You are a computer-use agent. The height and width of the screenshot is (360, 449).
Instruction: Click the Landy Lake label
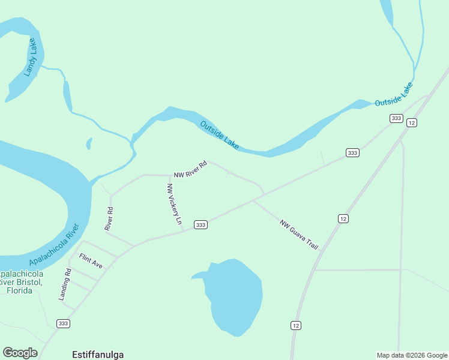point(31,58)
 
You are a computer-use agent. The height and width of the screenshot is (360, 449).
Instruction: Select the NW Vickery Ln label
point(173,204)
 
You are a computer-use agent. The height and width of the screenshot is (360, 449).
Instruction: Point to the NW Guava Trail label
point(298,235)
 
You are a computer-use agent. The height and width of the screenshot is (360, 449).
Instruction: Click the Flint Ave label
point(91,262)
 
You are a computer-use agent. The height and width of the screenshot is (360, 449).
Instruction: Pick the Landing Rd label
point(65,284)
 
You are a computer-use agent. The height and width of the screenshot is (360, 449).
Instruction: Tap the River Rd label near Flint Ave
point(109,218)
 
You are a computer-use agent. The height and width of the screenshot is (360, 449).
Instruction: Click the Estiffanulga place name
point(97,354)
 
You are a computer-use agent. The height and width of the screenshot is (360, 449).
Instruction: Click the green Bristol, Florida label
point(22,286)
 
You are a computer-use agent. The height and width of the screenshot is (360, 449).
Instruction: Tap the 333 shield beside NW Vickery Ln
point(200,225)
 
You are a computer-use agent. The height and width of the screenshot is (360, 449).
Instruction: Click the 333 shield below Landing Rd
point(63,323)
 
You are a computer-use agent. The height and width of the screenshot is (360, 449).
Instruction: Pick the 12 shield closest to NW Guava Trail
point(343,218)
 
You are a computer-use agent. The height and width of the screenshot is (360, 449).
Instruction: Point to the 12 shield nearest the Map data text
point(295,325)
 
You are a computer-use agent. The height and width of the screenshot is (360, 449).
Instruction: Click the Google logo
point(20,353)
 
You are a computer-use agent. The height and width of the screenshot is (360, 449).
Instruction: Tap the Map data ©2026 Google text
point(411,355)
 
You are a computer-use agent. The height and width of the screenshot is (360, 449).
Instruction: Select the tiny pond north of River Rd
point(89,143)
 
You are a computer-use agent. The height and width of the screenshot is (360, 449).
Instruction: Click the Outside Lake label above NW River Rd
point(219,135)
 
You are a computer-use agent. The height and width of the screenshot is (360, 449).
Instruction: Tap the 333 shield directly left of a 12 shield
point(396,118)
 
